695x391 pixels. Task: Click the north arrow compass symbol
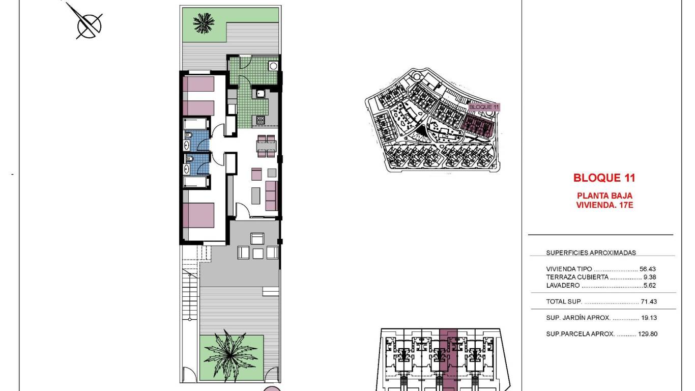click(x=88, y=23)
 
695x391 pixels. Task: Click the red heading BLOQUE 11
click(x=604, y=178)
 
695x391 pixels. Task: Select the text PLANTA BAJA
click(x=604, y=195)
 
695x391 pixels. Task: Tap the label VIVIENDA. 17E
click(x=604, y=205)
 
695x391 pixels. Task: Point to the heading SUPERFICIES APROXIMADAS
click(x=591, y=253)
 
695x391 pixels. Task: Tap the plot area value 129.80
click(x=646, y=334)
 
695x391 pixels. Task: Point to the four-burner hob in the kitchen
click(x=260, y=121)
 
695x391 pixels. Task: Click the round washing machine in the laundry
click(x=273, y=65)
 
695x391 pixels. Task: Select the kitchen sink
click(x=260, y=93)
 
